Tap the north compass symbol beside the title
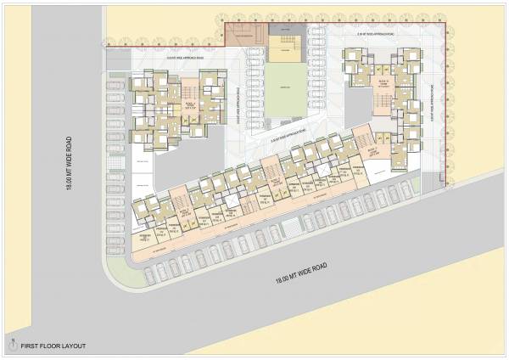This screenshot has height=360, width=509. (x=12, y=345)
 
